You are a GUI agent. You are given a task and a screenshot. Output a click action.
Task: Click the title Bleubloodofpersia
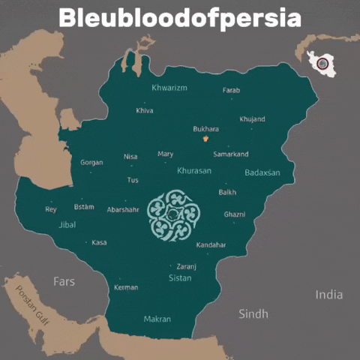click(x=180, y=18)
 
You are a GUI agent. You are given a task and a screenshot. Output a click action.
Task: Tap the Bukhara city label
click(x=205, y=129)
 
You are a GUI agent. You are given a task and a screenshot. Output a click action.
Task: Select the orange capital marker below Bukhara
click(x=207, y=139)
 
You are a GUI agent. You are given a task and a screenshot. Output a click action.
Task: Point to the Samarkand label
click(x=230, y=154)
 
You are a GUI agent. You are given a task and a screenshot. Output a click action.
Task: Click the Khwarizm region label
click(x=169, y=88)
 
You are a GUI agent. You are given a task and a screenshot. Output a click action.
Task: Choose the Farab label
click(x=231, y=91)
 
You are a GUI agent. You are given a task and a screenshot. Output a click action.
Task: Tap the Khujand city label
click(x=252, y=119)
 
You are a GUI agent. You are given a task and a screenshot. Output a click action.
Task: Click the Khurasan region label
click(x=194, y=171)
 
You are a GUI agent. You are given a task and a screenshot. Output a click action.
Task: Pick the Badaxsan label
click(x=262, y=172)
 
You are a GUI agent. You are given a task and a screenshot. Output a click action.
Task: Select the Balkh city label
click(x=227, y=193)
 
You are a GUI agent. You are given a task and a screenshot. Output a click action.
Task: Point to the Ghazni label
click(x=234, y=214)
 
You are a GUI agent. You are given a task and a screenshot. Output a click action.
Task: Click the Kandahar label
click(x=211, y=245)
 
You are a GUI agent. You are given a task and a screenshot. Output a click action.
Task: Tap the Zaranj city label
click(x=186, y=266)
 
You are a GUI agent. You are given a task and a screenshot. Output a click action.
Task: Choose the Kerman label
click(x=126, y=287)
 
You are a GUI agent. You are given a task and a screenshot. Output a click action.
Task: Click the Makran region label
click(x=157, y=319)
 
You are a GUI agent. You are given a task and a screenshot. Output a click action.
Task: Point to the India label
click(x=328, y=295)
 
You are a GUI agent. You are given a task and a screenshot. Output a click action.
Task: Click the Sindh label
click(x=253, y=313)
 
